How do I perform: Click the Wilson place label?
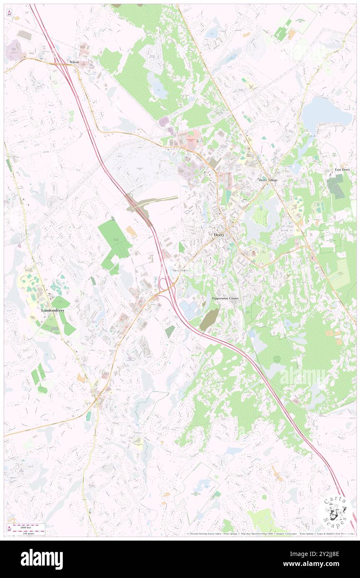pos(74,62)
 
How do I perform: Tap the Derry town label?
pos(219,235)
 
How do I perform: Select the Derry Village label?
pos(268,180)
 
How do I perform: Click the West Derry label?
pos(180,270)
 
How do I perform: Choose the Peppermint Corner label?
pos(225,299)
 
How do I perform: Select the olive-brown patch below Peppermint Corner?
pos(209,319)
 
